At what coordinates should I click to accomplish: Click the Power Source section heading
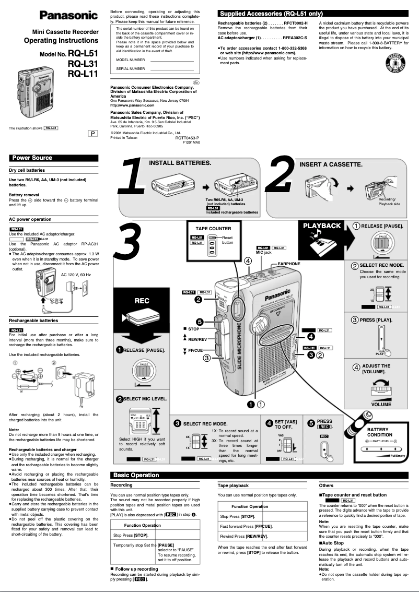pos(32,158)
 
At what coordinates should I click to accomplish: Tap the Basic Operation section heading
pos(136,475)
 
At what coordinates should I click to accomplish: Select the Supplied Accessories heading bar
pos(271,14)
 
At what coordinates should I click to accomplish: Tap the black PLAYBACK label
pos(322,226)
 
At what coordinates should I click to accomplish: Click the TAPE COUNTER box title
pos(213,229)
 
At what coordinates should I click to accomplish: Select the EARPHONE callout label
pos(288,264)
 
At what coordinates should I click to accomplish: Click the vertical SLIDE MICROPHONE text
pos(240,346)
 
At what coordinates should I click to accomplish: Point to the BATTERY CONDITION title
pos(380,432)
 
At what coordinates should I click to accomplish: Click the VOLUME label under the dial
pos(381,405)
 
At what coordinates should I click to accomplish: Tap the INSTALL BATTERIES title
pos(180,163)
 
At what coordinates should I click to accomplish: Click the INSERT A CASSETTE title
pos(331,164)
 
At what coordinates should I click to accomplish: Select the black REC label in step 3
pos(142,301)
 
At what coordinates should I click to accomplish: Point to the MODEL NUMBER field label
pos(130,60)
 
